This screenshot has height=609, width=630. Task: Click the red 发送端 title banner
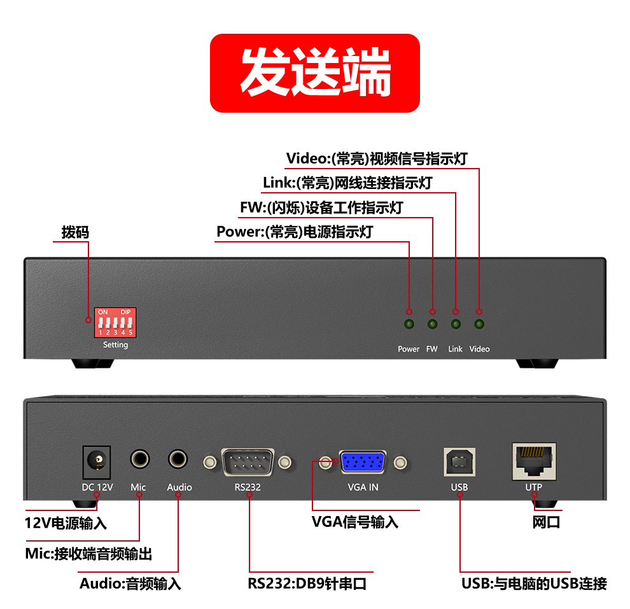coord(315,73)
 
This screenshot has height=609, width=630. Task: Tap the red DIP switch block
coord(115,322)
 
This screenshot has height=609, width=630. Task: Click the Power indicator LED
coord(409,324)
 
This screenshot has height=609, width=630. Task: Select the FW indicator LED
coord(432,324)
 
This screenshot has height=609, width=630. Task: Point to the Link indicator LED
coord(456,324)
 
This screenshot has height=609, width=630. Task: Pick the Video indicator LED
coord(479,324)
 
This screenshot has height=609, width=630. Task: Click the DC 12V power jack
coord(97,462)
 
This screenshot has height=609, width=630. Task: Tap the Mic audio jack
coord(140,459)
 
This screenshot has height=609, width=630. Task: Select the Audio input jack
coord(178,459)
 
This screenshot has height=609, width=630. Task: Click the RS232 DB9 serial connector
coord(248,462)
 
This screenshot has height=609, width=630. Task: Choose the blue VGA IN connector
coord(363,462)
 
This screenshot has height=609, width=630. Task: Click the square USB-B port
coord(459,462)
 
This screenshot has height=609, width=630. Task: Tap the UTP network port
coord(535,461)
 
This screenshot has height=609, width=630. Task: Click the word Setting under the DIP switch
coord(115,345)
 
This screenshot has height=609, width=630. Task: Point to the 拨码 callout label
coord(75,232)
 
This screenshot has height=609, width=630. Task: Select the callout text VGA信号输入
coord(355,522)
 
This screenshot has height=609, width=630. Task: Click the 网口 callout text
coord(547,522)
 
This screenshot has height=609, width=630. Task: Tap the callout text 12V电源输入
coord(66,524)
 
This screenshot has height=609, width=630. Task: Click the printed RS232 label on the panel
coord(248,487)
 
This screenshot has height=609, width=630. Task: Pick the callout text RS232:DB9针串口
coord(307,584)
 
